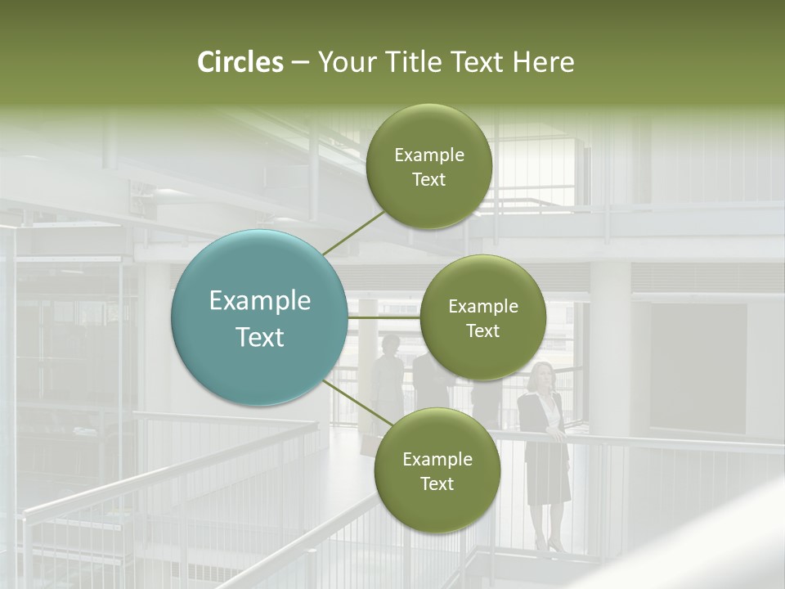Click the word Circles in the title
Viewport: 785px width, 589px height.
pyautogui.click(x=240, y=62)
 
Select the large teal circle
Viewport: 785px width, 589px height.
pyautogui.click(x=259, y=317)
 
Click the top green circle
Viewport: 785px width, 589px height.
pyautogui.click(x=428, y=167)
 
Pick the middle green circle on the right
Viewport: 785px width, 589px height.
pyautogui.click(x=482, y=317)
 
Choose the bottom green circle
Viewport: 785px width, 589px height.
pyautogui.click(x=437, y=470)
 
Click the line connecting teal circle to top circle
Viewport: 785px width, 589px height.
pyautogui.click(x=353, y=232)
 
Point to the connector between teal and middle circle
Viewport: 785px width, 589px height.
pyautogui.click(x=384, y=317)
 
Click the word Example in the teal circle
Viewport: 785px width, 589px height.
pyautogui.click(x=260, y=301)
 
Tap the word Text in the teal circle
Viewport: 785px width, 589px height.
pyautogui.click(x=260, y=337)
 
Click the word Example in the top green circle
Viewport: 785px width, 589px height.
pyautogui.click(x=429, y=155)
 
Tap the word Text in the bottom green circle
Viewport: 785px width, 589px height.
pyautogui.click(x=437, y=483)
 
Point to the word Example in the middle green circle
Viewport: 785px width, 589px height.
pyautogui.click(x=483, y=307)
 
